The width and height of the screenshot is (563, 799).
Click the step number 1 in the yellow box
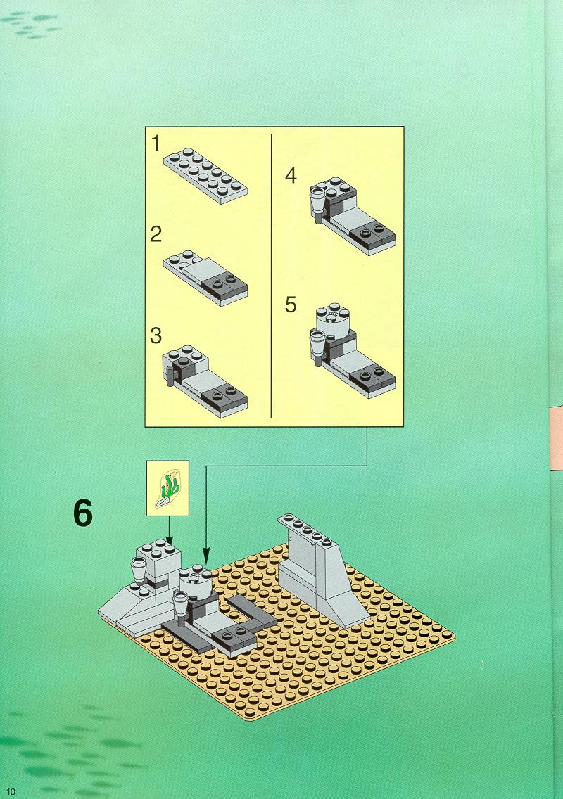pos(156,144)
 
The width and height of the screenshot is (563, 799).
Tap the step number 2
pos(156,234)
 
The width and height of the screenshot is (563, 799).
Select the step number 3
pos(156,335)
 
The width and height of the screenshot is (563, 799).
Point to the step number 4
pos(291,176)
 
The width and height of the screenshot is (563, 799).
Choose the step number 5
pos(291,305)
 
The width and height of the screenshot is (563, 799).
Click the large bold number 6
pos(82,514)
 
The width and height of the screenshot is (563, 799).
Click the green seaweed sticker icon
pos(168,485)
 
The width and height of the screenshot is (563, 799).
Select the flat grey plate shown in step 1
pos(205,176)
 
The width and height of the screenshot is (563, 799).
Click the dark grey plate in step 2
pos(224,287)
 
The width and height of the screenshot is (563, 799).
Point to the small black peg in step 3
pos(170,379)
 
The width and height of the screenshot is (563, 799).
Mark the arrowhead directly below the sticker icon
pos(169,539)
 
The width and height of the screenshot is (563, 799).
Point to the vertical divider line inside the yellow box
pos(271,274)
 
